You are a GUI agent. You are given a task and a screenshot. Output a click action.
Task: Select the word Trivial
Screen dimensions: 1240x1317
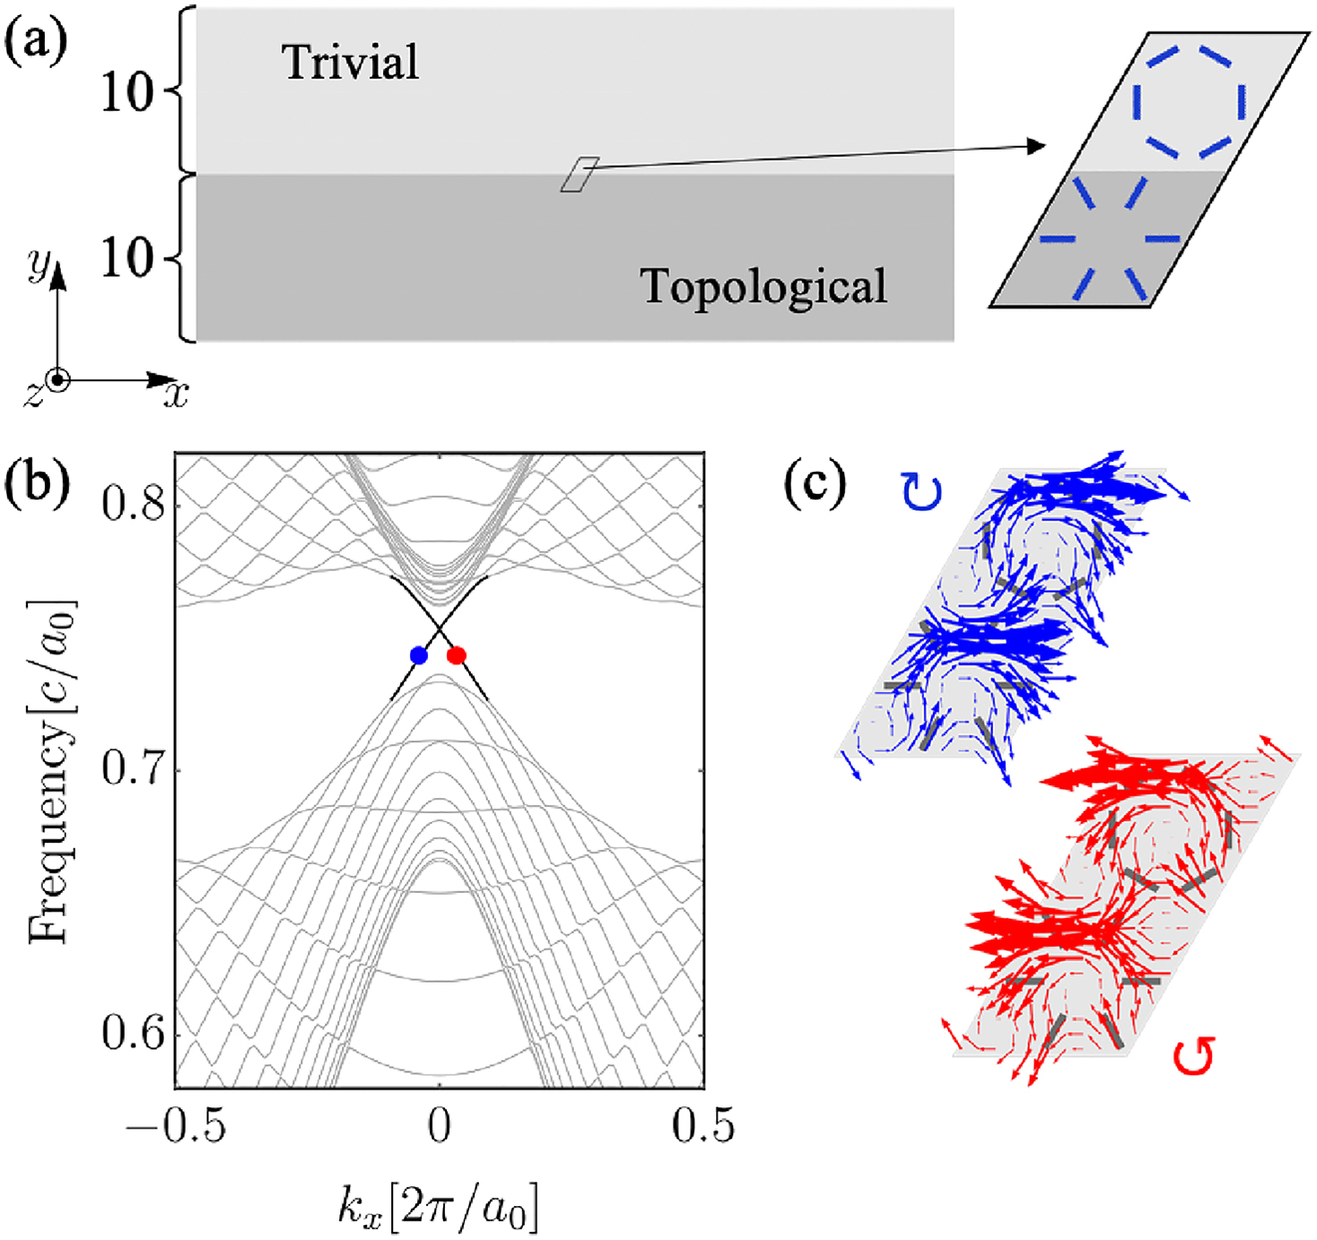pyautogui.click(x=350, y=63)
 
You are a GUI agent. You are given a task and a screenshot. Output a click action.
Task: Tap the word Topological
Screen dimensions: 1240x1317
pyautogui.click(x=763, y=286)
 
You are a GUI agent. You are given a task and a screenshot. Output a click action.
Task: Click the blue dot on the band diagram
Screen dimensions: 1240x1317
pyautogui.click(x=419, y=655)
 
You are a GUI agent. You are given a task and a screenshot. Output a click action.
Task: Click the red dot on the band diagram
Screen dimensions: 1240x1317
pyautogui.click(x=456, y=655)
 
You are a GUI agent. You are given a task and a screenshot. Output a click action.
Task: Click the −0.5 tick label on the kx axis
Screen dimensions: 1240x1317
pyautogui.click(x=176, y=1125)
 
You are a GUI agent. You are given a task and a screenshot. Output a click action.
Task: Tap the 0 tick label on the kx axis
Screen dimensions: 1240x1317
pyautogui.click(x=439, y=1125)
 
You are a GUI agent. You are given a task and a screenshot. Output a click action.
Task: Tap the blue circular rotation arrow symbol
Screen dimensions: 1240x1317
pyautogui.click(x=923, y=493)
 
